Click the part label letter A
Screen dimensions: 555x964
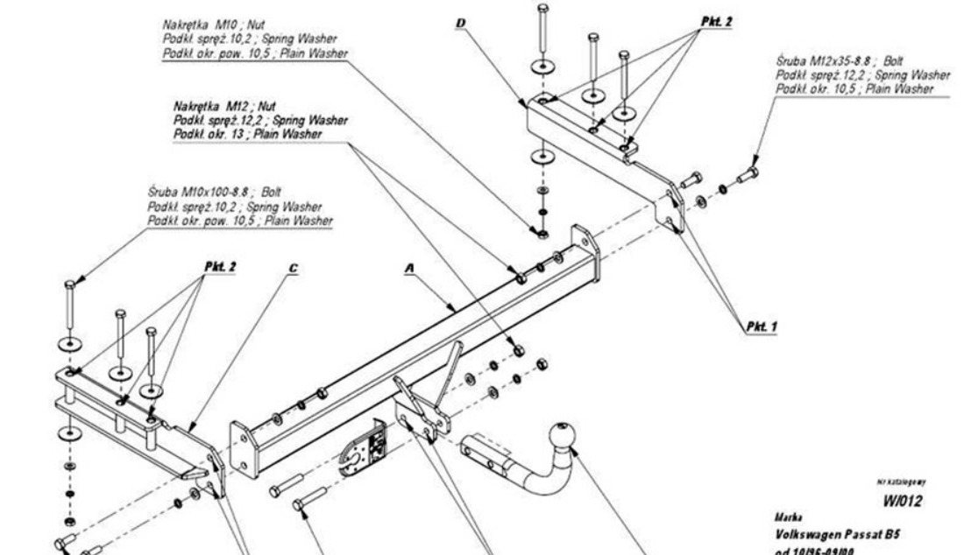point(409,271)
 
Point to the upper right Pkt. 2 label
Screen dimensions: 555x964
point(714,19)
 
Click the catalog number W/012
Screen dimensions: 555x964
point(902,502)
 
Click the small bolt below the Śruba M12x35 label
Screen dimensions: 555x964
point(748,174)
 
